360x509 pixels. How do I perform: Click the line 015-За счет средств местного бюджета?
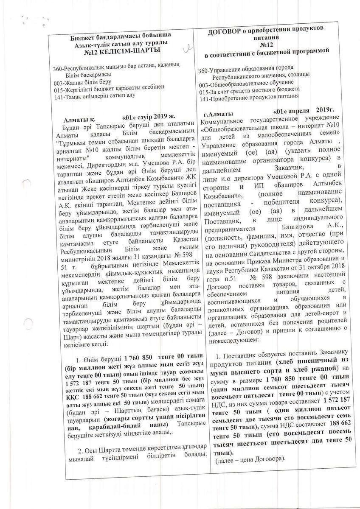[x=249, y=90]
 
